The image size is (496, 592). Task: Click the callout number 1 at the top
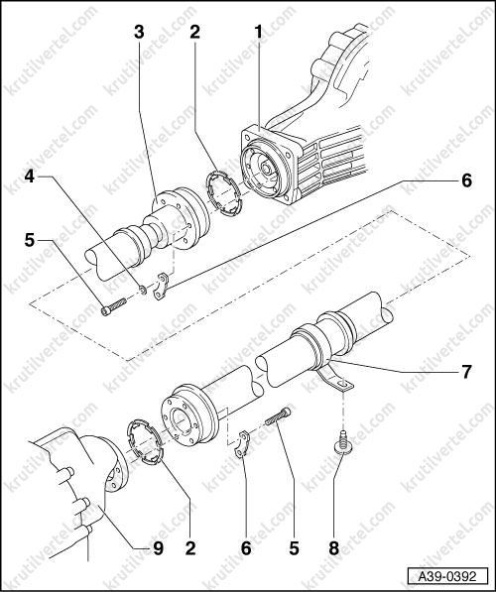258,32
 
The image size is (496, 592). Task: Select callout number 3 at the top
140,32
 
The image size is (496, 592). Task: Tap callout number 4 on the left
30,176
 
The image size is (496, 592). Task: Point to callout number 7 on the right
466,372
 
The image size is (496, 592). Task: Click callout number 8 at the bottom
334,548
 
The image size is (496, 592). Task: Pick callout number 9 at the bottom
158,548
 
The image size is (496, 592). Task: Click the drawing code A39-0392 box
446,576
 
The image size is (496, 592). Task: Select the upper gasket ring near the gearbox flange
222,193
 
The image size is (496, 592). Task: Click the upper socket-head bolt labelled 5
114,306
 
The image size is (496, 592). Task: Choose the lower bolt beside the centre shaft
278,415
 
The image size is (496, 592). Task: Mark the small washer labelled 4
143,291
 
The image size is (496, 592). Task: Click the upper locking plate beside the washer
162,286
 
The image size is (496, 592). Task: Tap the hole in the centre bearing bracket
342,385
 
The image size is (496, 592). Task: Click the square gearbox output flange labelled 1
271,166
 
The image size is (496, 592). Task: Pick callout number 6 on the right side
466,180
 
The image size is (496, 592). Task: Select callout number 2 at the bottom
190,548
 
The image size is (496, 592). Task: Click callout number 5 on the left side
30,240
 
